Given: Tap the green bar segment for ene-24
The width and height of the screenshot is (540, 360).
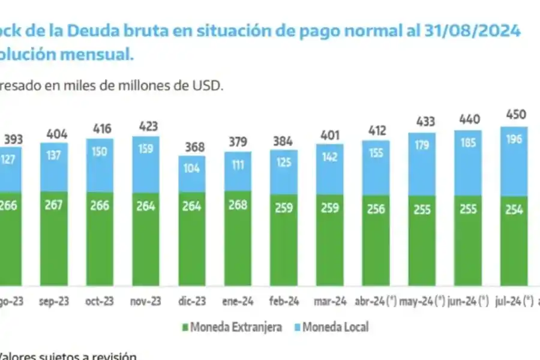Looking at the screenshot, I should pyautogui.click(x=238, y=240).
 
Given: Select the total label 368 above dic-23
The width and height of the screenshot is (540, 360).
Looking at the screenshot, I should pyautogui.click(x=192, y=147).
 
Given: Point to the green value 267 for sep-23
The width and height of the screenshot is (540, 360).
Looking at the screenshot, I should pyautogui.click(x=54, y=205).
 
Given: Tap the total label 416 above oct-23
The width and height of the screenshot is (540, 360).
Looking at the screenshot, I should pyautogui.click(x=100, y=128).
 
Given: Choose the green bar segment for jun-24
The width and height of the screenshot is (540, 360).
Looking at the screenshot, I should pyautogui.click(x=468, y=240).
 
